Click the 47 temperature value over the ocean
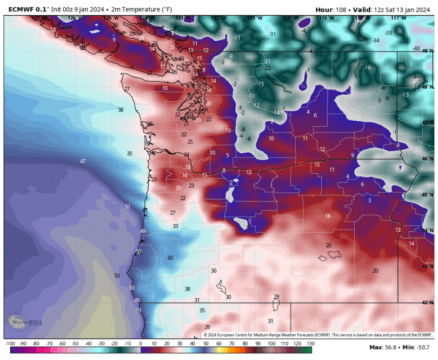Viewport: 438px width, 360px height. click(83, 161)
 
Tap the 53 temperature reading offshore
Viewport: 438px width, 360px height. click(117, 276)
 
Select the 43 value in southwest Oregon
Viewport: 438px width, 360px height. click(170, 258)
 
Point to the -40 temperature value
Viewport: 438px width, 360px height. click(416, 48)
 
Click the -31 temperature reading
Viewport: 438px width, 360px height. click(273, 34)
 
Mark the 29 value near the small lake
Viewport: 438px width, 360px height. click(277, 296)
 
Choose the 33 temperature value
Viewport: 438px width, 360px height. click(175, 226)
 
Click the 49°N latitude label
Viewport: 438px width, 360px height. click(428, 51)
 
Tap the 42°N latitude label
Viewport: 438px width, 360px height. click(428, 303)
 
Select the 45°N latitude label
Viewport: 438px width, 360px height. click(428, 195)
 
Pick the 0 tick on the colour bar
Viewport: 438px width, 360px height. click(141, 343)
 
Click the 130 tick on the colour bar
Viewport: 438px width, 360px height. click(310, 343)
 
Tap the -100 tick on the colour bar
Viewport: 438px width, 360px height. click(10, 343)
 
